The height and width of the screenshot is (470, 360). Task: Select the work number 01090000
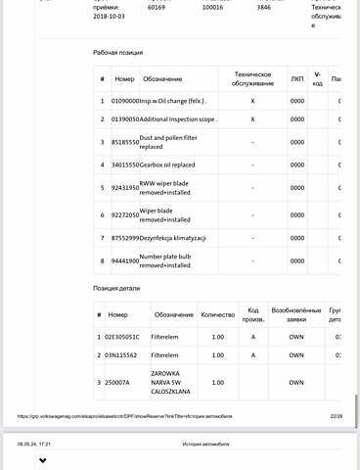(125, 100)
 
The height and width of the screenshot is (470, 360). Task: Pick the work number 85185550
(125, 142)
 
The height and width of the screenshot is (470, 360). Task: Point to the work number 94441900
(125, 261)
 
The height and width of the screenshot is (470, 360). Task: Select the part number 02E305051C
(128, 337)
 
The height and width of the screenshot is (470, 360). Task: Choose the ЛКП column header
(297, 77)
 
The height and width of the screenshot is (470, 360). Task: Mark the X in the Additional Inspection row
(252, 118)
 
